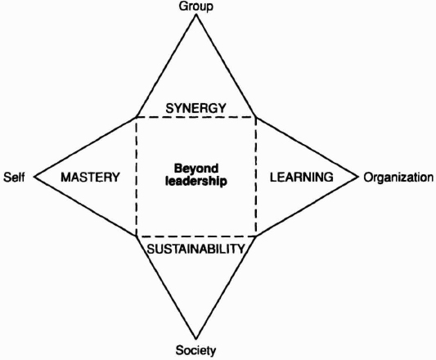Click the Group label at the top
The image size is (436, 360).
(x=196, y=6)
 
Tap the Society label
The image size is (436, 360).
(x=196, y=350)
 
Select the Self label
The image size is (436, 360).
(x=14, y=177)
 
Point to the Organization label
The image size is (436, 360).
(x=398, y=178)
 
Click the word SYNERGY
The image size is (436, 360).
(x=196, y=108)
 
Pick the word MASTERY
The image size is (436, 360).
(x=90, y=178)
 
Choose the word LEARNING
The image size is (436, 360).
(x=302, y=177)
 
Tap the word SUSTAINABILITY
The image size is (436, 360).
(x=196, y=249)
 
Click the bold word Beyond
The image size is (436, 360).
(x=196, y=169)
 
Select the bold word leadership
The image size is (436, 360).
(x=196, y=182)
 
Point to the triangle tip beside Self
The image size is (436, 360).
(x=34, y=177)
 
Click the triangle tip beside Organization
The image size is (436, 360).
(x=357, y=177)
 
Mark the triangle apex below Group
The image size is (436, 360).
(x=196, y=15)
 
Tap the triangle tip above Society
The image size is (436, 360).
(x=196, y=339)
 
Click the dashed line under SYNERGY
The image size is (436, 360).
(x=196, y=117)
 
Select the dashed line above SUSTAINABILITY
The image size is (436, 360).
(x=196, y=236)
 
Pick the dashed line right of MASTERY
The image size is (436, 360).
(x=137, y=177)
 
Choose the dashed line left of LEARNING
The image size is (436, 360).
(x=256, y=177)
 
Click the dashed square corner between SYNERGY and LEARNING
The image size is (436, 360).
(x=256, y=117)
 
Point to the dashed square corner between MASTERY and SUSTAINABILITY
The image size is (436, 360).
(x=137, y=236)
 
